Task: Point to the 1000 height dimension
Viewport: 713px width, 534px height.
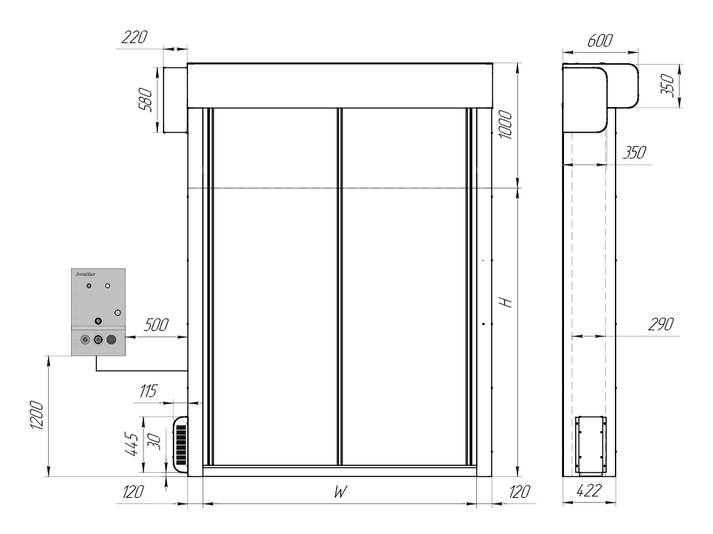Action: pyautogui.click(x=507, y=125)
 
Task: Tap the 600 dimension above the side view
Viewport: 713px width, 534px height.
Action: pyautogui.click(x=600, y=41)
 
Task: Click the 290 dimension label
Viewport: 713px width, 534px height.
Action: pyautogui.click(x=661, y=325)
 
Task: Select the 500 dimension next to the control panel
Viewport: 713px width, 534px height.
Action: pyautogui.click(x=157, y=325)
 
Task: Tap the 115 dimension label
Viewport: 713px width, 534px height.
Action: pyautogui.click(x=146, y=391)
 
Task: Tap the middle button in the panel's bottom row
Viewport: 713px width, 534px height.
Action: pyautogui.click(x=98, y=340)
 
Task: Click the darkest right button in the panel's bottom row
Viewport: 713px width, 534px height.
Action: pyautogui.click(x=111, y=340)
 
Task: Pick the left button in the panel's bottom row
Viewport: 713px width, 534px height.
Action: pyautogui.click(x=85, y=340)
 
